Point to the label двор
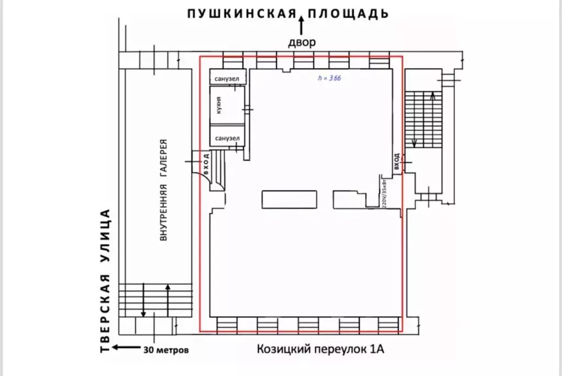(x=302, y=42)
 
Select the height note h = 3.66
(x=330, y=78)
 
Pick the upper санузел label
(x=226, y=79)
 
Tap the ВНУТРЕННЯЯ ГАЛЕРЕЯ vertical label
(x=163, y=190)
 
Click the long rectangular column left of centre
(x=290, y=198)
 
